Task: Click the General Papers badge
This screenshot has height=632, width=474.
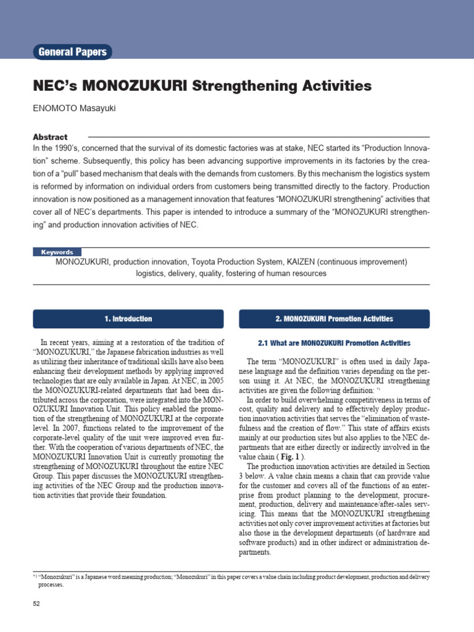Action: click(73, 52)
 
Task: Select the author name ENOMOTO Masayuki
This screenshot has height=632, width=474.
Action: click(74, 109)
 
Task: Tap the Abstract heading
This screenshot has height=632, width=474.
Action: click(50, 137)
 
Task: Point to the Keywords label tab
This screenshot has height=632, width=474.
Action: click(57, 252)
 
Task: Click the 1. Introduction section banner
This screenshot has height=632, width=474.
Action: click(128, 319)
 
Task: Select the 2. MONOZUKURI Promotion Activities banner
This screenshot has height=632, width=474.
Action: click(334, 319)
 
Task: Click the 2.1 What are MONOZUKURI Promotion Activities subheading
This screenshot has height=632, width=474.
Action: click(334, 343)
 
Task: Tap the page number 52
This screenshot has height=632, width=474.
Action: click(36, 603)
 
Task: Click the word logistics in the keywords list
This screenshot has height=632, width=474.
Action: click(152, 273)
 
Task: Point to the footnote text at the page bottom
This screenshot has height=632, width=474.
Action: click(235, 576)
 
